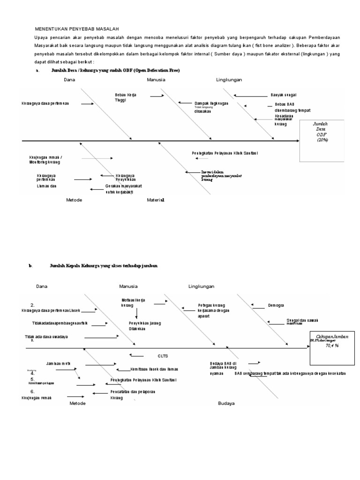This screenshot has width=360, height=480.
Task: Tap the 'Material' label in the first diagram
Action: click(x=156, y=200)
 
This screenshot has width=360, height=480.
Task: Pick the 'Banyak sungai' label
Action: click(x=284, y=95)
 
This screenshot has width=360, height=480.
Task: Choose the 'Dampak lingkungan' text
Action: click(x=211, y=104)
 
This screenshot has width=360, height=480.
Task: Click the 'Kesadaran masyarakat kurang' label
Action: click(x=285, y=120)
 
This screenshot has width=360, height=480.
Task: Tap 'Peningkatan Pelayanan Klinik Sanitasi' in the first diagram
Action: click(x=225, y=153)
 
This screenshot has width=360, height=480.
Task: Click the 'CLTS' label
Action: click(x=163, y=355)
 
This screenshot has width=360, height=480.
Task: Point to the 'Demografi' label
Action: click(x=276, y=305)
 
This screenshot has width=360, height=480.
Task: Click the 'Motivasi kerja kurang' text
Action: click(x=133, y=302)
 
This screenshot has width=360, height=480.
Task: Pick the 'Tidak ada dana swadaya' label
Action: click(x=46, y=337)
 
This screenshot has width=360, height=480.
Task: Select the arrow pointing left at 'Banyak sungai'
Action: click(x=250, y=96)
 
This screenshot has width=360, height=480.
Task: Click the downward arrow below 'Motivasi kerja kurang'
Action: click(x=136, y=313)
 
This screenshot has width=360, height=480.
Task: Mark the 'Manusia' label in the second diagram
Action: click(x=128, y=286)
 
